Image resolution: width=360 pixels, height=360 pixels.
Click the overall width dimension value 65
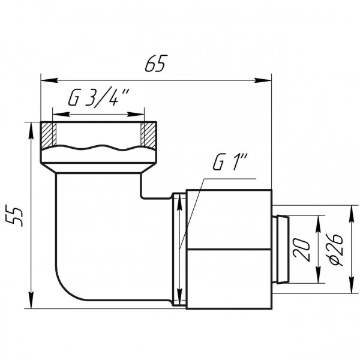pyautogui.click(x=154, y=63)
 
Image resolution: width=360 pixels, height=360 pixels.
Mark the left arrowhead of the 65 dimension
pyautogui.click(x=46, y=79)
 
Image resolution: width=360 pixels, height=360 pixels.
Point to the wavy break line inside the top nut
pyautogui.click(x=98, y=146)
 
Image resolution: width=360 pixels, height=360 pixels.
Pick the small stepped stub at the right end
pyautogui.click(x=280, y=248)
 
